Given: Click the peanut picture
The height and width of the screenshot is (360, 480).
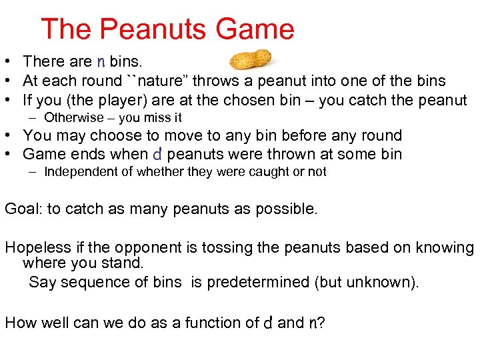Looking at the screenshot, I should (x=250, y=59).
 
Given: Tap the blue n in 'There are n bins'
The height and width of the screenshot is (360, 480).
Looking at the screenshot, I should (x=101, y=62).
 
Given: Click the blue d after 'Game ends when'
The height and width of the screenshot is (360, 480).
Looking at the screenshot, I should (x=157, y=155).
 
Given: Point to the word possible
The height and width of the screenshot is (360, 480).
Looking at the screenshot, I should (x=285, y=209).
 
